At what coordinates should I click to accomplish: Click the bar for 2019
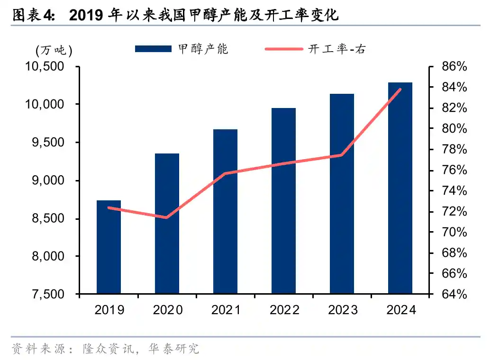click(x=109, y=247)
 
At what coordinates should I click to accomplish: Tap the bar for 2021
click(x=225, y=211)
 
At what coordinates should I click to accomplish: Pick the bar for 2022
click(x=283, y=201)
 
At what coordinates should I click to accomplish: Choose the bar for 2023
click(x=342, y=194)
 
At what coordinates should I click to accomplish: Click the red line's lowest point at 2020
click(x=166, y=218)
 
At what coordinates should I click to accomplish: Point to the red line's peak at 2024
click(x=400, y=89)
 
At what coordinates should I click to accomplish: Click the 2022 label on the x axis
click(x=283, y=310)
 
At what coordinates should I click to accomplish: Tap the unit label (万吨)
click(x=54, y=50)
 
